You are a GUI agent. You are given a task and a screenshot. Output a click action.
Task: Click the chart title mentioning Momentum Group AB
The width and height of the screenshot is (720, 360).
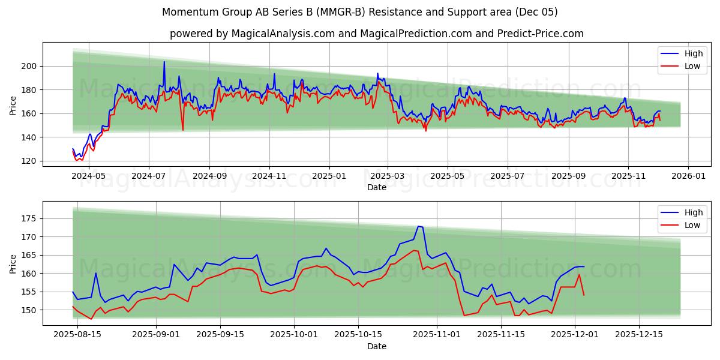(x=359, y=12)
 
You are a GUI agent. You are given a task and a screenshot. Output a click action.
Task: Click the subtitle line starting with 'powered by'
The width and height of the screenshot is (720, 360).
(x=376, y=34)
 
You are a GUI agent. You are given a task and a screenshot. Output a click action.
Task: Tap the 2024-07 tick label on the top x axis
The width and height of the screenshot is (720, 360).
(x=148, y=177)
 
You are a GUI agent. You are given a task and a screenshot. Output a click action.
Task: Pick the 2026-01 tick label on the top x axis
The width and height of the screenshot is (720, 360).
(x=688, y=177)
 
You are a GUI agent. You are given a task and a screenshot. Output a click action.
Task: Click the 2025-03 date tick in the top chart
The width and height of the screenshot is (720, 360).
(x=388, y=177)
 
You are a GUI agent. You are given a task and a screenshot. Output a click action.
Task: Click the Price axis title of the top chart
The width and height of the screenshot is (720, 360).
(x=13, y=105)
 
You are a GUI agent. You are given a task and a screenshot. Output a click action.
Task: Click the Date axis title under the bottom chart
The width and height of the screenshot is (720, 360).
(x=376, y=346)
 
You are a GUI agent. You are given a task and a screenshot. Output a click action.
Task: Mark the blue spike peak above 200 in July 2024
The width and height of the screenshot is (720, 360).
(x=164, y=61)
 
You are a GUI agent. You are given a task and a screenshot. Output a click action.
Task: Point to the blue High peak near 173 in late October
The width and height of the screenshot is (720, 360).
(x=419, y=226)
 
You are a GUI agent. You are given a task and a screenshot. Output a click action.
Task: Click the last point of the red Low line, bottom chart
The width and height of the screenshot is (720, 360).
(x=584, y=295)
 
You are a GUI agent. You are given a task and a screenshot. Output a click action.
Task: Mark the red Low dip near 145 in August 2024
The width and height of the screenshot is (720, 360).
(x=183, y=130)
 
